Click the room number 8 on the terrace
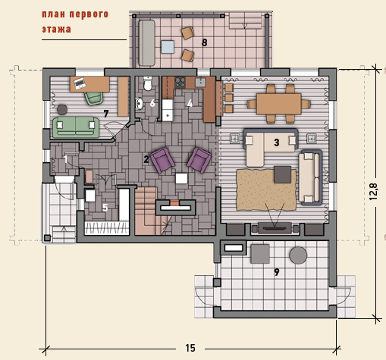(204, 42)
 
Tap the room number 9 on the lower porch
(277, 272)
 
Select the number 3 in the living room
(277, 142)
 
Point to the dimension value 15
(190, 348)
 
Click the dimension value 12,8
(374, 191)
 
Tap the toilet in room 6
(148, 83)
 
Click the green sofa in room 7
(76, 127)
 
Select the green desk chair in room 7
(93, 98)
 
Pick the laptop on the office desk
(80, 83)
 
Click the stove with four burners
(180, 83)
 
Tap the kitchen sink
(200, 83)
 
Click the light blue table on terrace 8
(168, 47)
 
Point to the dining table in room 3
(279, 104)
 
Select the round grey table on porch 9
(298, 255)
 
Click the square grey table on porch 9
(260, 254)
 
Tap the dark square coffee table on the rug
(283, 174)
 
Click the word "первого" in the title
(89, 14)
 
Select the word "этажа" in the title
(56, 30)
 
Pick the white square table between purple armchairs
(181, 178)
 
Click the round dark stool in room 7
(62, 110)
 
